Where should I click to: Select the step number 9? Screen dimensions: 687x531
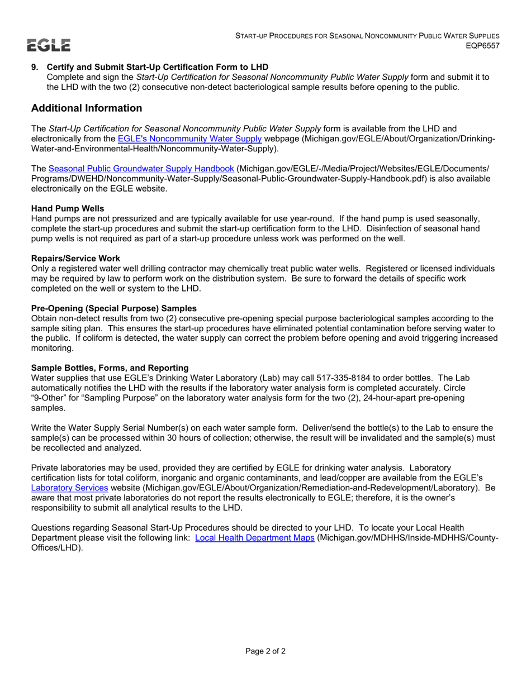35,67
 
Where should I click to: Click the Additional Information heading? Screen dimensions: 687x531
87,108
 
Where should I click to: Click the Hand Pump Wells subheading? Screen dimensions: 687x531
68,208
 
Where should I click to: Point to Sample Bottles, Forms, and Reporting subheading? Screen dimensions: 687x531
110,367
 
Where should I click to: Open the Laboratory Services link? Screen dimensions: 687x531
69,487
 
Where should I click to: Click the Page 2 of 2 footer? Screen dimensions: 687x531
265,651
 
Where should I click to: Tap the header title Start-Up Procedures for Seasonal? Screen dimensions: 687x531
367,35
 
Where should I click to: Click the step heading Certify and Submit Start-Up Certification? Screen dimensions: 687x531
158,67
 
